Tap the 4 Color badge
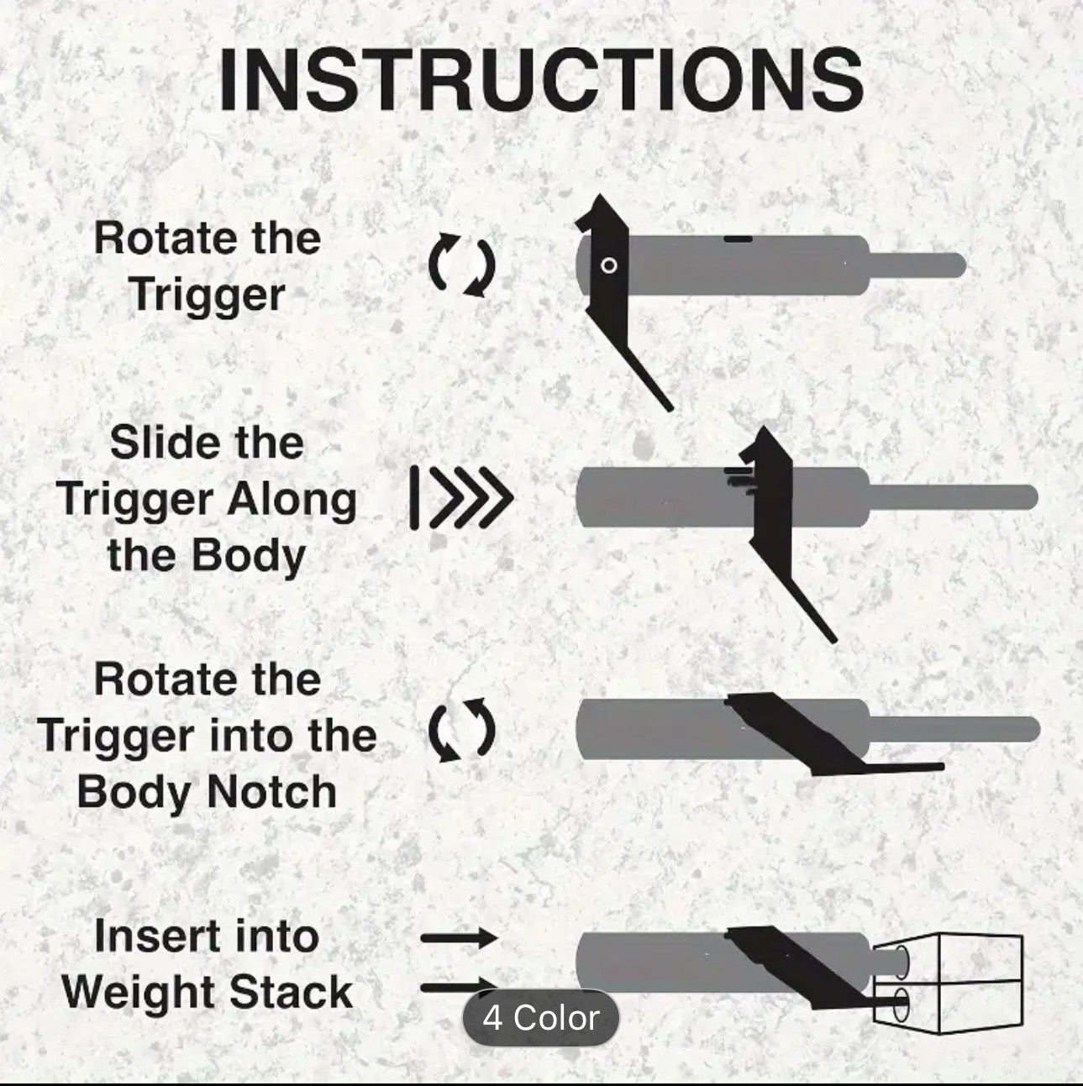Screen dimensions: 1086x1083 [x=541, y=1018]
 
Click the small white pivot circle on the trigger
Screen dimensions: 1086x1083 [x=610, y=266]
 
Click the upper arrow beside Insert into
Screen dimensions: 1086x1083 [x=459, y=939]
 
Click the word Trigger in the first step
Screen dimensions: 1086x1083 [x=207, y=295]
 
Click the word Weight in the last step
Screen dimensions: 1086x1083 [x=138, y=993]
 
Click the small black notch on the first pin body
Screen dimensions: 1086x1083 [x=738, y=239]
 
